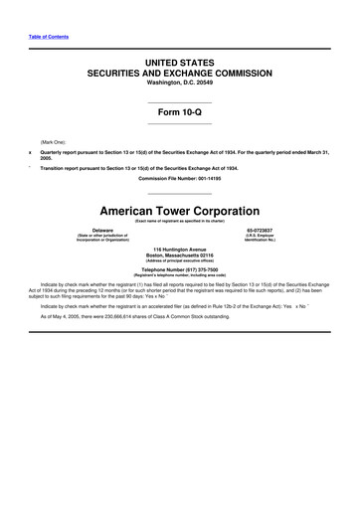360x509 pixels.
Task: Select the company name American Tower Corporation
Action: coord(180,212)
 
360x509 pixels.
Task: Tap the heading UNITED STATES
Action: coord(180,63)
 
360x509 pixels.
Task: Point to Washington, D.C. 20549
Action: coord(180,85)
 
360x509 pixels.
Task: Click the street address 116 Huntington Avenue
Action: coord(180,247)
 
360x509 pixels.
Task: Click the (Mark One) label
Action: coord(54,142)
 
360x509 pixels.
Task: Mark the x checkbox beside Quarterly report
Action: coord(30,151)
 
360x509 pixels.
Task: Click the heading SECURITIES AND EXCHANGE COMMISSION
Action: coord(180,74)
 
